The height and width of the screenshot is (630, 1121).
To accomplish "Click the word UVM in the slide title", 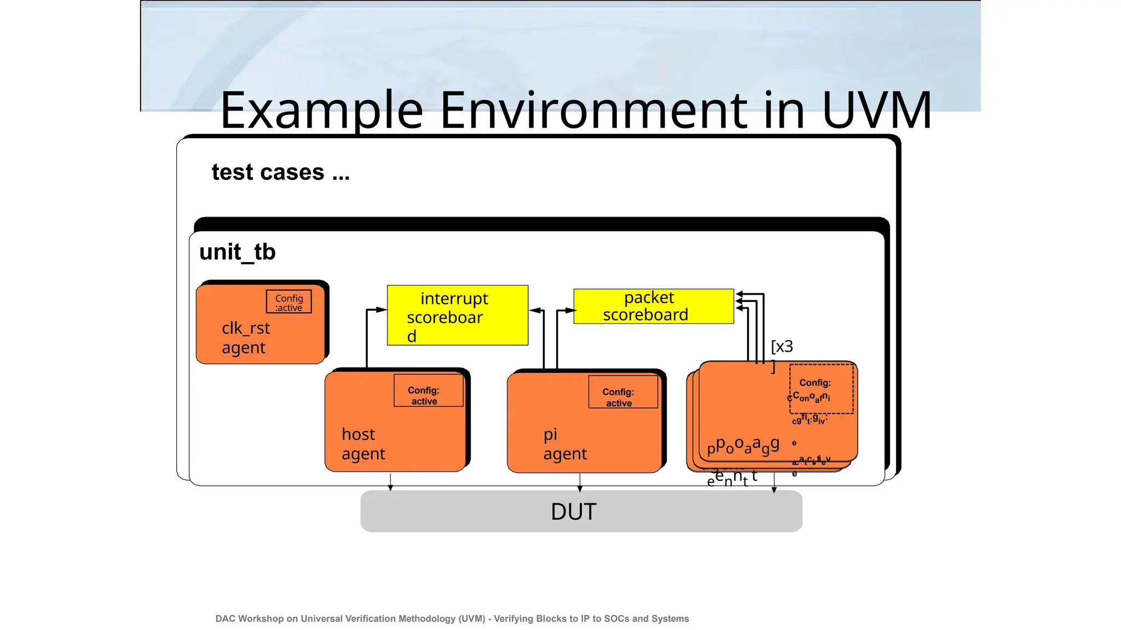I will click(876, 110).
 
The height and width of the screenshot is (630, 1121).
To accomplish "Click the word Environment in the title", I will click(593, 110).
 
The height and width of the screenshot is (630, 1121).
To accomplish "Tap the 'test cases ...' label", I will click(280, 172).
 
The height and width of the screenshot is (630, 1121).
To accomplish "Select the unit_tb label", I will click(237, 252).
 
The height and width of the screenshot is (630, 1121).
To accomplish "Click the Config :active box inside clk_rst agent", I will click(289, 302).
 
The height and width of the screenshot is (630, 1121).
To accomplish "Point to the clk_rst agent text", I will click(246, 337).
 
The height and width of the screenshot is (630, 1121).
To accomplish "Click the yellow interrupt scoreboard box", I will click(457, 316).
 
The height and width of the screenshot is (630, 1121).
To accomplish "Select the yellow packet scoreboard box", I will click(653, 306).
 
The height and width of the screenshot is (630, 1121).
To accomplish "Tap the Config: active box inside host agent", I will click(428, 390).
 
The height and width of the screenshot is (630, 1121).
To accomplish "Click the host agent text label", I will click(363, 444).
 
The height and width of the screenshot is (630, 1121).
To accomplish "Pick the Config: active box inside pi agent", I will click(622, 392).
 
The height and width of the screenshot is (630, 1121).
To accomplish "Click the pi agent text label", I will click(564, 444).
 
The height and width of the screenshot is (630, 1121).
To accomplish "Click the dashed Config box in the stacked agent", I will click(820, 389).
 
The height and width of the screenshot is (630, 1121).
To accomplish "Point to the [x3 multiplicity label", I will click(782, 347).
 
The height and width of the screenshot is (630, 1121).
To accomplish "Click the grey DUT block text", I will click(573, 512).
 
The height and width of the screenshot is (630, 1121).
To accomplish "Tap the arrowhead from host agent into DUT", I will click(390, 488).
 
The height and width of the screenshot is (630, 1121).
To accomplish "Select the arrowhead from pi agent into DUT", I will click(580, 488).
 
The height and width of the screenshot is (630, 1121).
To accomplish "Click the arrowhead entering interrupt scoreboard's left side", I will click(382, 310).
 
